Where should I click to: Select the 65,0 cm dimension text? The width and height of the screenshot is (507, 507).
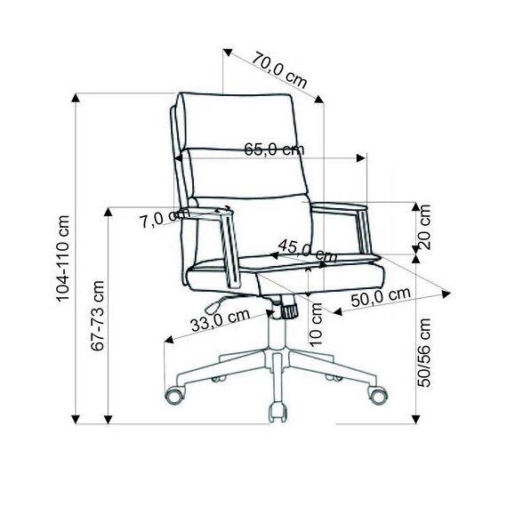[x=274, y=149]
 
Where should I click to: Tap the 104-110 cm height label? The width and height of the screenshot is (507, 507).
[x=63, y=259]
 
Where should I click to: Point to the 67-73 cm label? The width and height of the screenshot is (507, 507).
[x=97, y=316]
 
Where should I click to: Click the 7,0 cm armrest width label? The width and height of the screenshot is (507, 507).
[x=165, y=218]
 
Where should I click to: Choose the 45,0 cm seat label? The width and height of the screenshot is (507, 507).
[x=307, y=251]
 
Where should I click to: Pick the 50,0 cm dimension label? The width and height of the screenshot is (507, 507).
[x=381, y=297]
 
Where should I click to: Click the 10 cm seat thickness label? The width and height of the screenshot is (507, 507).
[x=316, y=325]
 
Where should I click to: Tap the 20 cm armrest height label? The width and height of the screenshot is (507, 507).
[x=424, y=227]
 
